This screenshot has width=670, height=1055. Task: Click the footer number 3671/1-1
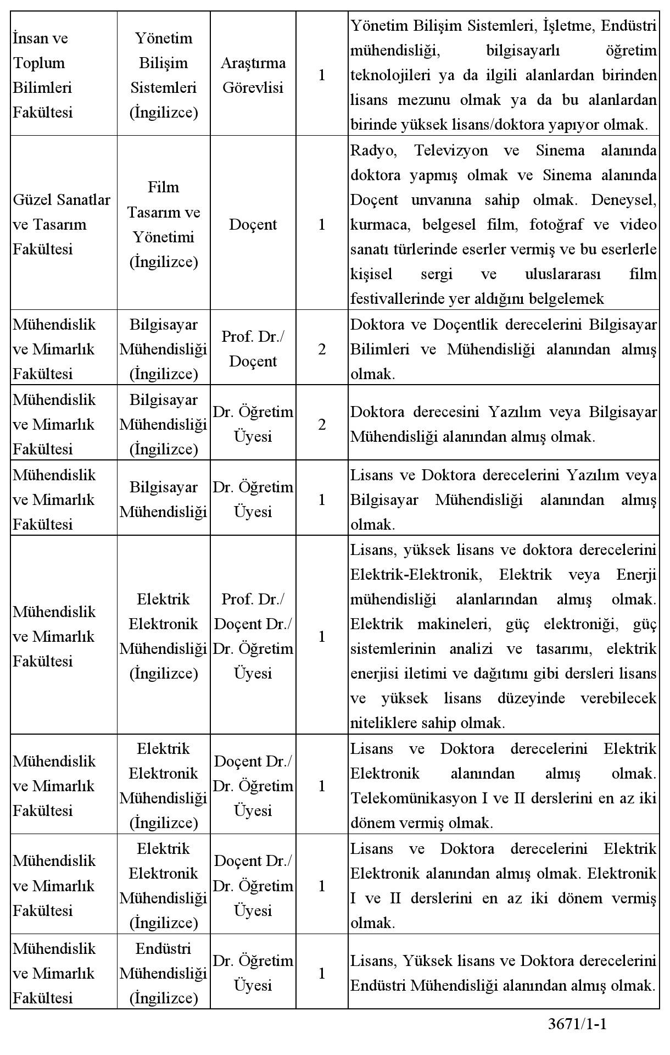(x=577, y=1024)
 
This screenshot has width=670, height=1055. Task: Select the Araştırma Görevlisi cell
(x=253, y=75)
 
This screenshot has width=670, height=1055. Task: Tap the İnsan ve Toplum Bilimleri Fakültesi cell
(x=43, y=75)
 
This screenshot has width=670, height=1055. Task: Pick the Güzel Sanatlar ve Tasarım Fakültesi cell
(x=62, y=224)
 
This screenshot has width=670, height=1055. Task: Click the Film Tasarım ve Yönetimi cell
(x=164, y=224)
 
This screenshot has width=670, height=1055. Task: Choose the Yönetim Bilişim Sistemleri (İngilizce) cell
(x=164, y=75)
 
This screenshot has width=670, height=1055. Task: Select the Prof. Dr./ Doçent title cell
(x=253, y=349)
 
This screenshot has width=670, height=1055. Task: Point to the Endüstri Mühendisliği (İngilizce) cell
(x=164, y=973)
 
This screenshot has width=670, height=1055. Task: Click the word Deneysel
(x=623, y=200)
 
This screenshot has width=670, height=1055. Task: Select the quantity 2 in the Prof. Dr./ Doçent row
(x=322, y=349)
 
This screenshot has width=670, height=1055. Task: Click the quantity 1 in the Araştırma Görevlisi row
(x=322, y=75)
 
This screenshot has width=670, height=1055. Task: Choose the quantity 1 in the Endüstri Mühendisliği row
(x=322, y=973)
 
